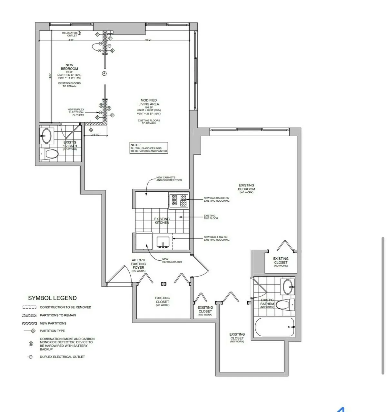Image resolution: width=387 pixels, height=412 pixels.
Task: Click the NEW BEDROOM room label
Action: (69, 67)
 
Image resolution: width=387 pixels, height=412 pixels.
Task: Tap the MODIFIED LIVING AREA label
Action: (149, 102)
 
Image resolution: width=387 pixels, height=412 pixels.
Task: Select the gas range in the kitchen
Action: (179, 200)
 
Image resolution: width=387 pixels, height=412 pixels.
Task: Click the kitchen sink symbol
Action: (163, 242)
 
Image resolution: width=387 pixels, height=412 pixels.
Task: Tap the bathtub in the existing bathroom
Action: (274, 327)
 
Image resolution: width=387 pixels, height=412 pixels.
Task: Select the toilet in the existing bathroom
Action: (285, 304)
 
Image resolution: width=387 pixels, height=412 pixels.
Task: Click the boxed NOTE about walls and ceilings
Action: (149, 148)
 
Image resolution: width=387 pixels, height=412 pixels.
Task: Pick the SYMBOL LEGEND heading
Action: (52, 298)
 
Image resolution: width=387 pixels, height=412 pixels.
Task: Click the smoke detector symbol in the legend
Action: (31, 344)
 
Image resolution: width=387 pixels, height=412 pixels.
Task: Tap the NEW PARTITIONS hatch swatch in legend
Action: (29, 323)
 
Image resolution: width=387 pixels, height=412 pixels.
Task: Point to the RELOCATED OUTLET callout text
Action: (70, 34)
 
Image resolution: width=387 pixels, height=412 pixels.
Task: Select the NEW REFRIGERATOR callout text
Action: (172, 261)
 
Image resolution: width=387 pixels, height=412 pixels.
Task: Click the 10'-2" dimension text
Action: (148, 40)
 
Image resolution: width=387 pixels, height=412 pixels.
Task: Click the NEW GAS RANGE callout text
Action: (216, 199)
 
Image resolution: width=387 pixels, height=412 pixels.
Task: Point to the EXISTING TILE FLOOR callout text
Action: (211, 217)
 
